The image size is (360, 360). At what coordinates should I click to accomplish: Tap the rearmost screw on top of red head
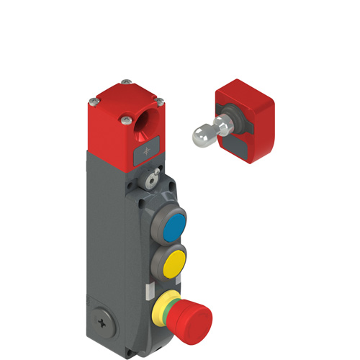pyautogui.click(x=126, y=81)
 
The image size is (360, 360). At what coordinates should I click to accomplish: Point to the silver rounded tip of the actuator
pyautogui.click(x=200, y=133)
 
